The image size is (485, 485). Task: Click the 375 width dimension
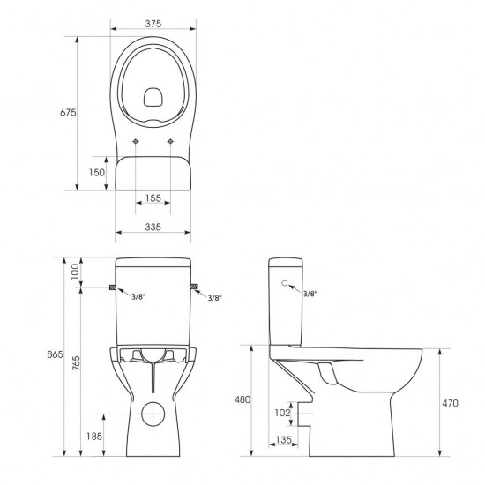point(153,24)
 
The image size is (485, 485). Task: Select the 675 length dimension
point(68,113)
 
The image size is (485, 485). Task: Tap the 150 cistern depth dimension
point(97,172)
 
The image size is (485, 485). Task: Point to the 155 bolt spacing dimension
point(153,198)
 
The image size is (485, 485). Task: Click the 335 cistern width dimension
point(153,227)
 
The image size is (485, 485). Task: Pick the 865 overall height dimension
point(55,354)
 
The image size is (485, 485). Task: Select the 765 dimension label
point(76,362)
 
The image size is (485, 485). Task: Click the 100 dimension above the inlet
point(75,272)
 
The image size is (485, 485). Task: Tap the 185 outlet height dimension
point(94,436)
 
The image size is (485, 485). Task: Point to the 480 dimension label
point(242,399)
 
